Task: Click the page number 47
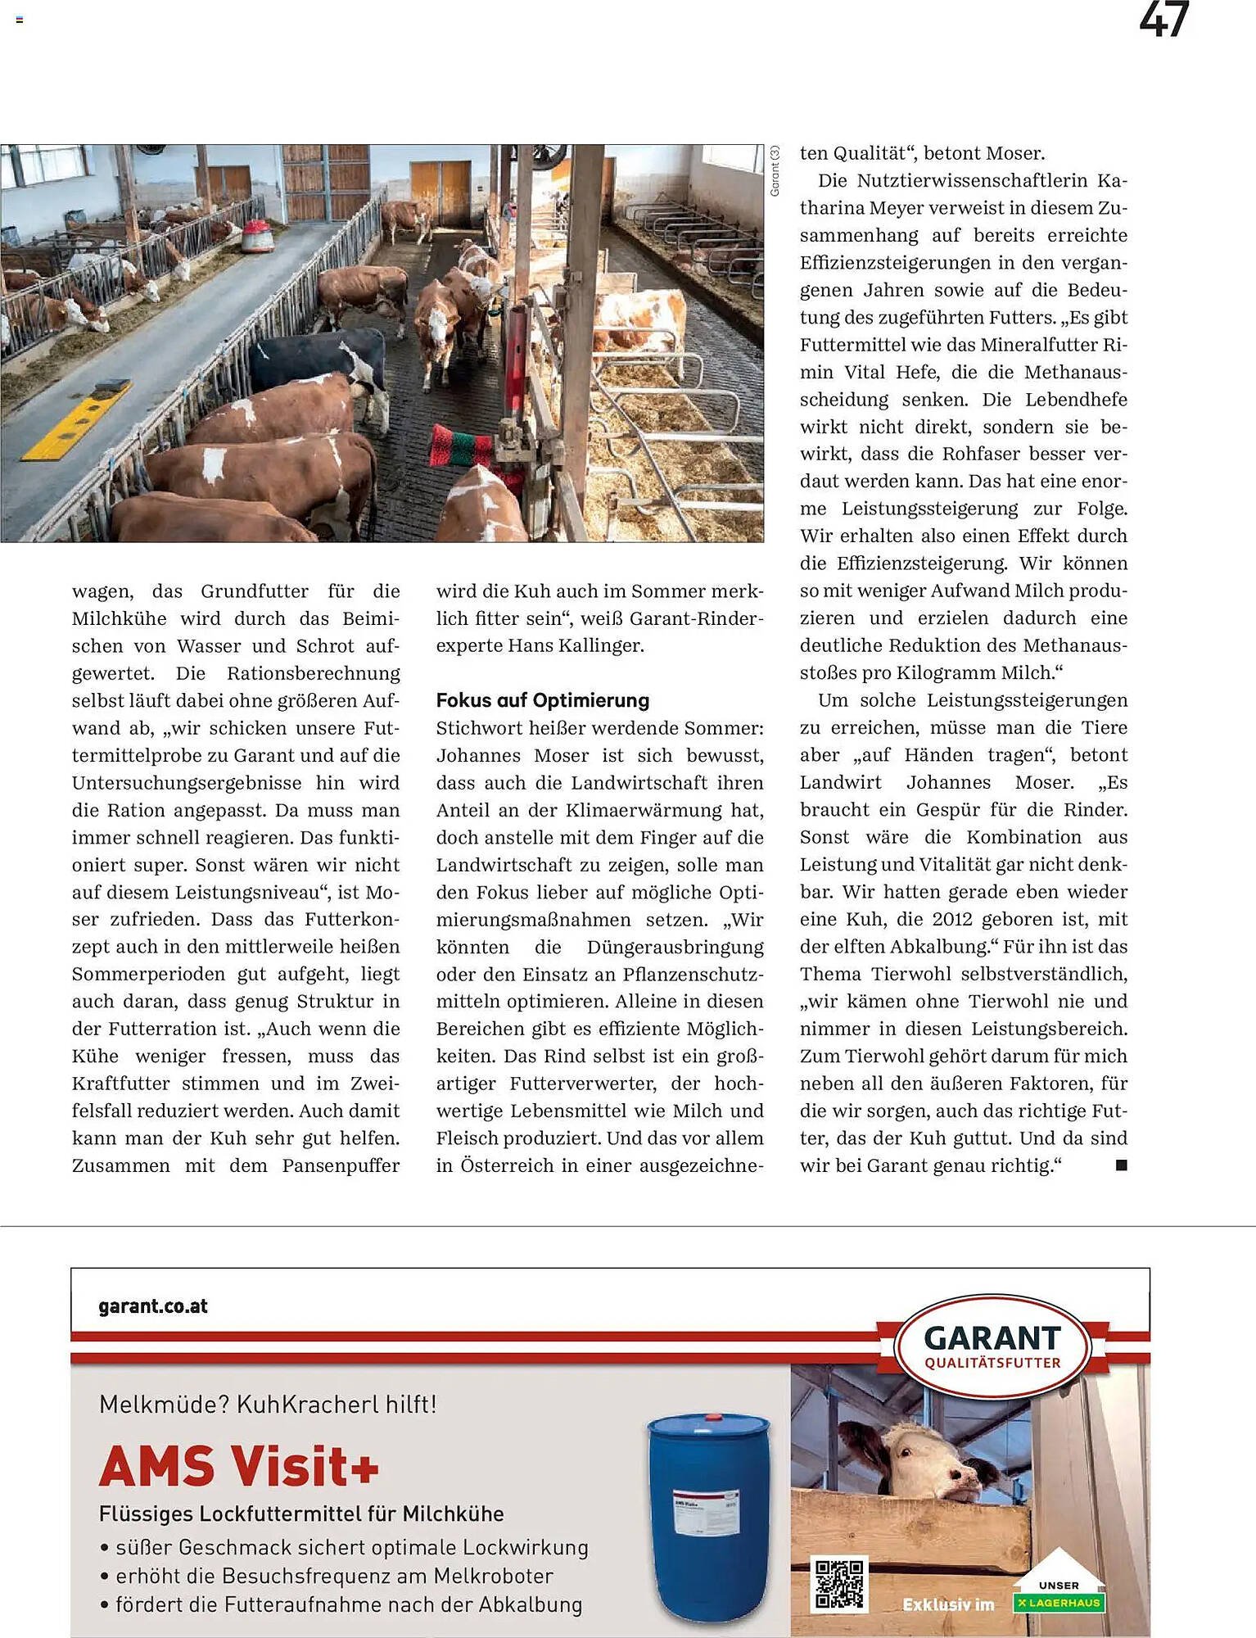pyautogui.click(x=1163, y=20)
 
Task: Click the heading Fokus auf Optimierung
pyautogui.click(x=542, y=700)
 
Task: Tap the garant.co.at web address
pyautogui.click(x=153, y=1306)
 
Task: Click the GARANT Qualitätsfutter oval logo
pyautogui.click(x=992, y=1346)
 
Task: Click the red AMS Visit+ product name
pyautogui.click(x=238, y=1466)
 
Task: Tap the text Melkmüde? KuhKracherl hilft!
pyautogui.click(x=268, y=1405)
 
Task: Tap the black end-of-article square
pyautogui.click(x=1121, y=1165)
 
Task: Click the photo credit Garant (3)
pyautogui.click(x=775, y=171)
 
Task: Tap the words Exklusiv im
pyautogui.click(x=947, y=1604)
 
